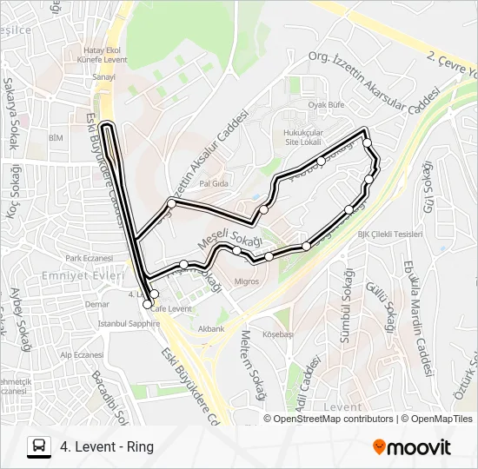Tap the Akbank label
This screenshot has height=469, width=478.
(211, 330)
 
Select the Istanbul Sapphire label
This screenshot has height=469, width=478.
(129, 323)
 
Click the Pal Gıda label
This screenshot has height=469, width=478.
(213, 184)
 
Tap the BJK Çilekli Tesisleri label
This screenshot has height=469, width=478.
(389, 234)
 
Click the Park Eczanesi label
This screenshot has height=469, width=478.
(90, 258)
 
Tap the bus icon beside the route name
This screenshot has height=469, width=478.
(39, 447)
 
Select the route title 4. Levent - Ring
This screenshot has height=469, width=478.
(107, 447)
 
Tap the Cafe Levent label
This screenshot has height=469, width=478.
(170, 308)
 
